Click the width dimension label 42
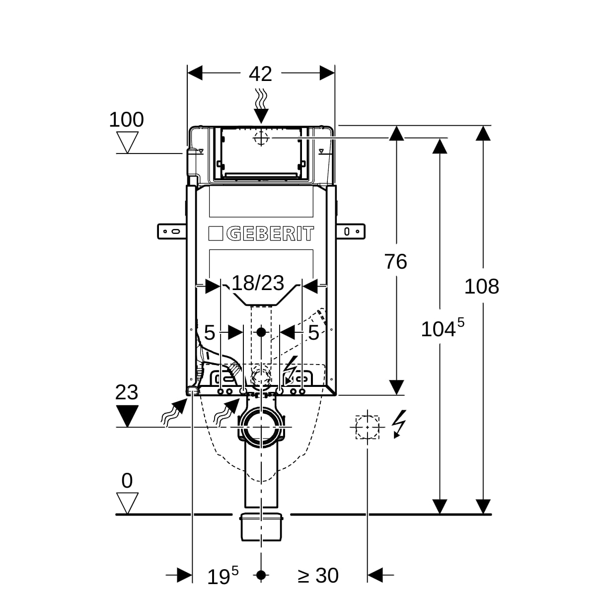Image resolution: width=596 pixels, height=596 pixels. [260, 74]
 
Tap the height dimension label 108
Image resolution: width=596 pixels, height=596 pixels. [482, 287]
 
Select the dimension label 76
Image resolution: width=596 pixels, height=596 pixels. [395, 262]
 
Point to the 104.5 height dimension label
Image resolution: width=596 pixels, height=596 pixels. [443, 328]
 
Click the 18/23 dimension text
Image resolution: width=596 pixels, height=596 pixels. [258, 283]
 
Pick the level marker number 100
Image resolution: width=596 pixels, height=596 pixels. [127, 120]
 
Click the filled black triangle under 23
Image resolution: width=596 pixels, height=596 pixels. [127, 416]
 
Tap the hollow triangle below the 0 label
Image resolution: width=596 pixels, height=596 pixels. [127, 503]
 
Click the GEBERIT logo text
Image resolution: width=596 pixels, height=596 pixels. [270, 233]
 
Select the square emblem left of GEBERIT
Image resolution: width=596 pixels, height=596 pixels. [216, 233]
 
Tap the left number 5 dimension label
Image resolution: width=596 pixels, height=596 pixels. [210, 333]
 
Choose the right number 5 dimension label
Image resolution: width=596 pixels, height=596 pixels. [313, 333]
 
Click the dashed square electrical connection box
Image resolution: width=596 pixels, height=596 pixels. [367, 427]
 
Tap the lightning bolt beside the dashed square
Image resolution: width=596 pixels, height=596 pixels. [399, 424]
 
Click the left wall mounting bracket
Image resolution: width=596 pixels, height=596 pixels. [172, 231]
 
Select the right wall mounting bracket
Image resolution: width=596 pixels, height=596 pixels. [351, 231]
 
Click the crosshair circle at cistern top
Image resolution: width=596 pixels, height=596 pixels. [261, 138]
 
